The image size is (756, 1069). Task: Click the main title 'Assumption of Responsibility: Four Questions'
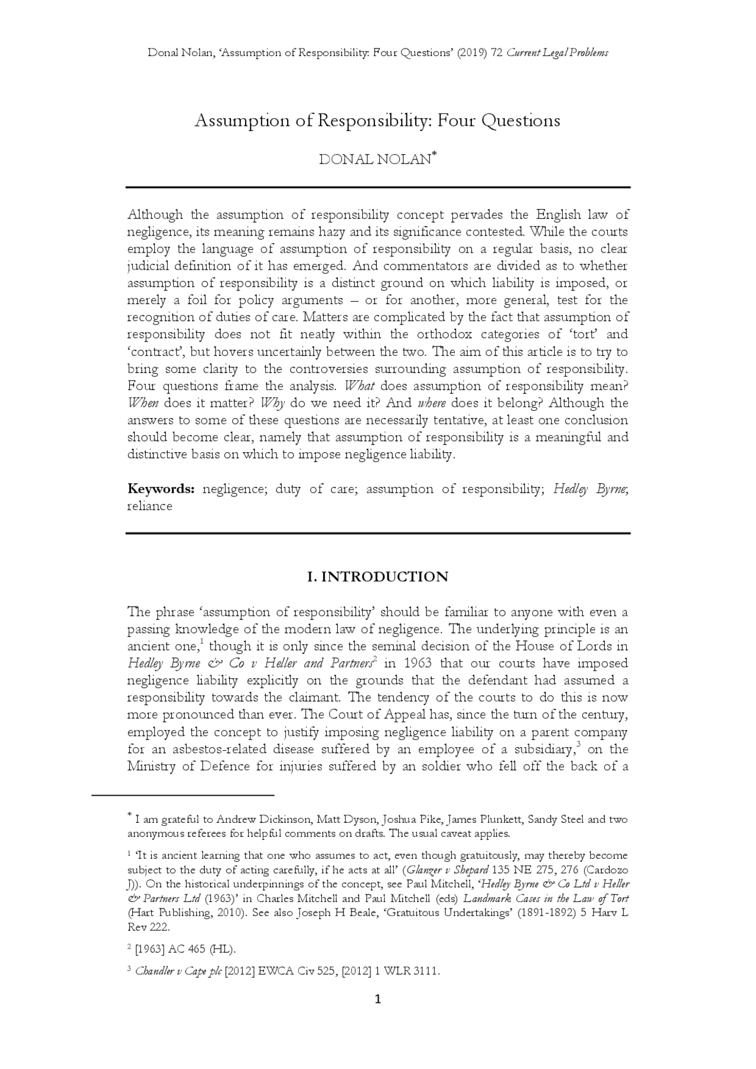[377, 121]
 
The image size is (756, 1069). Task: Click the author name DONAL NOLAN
[374, 160]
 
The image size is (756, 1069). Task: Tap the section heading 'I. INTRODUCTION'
[377, 577]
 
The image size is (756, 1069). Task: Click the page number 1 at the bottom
[378, 999]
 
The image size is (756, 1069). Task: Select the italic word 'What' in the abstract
[359, 386]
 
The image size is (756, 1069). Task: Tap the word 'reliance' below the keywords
[149, 506]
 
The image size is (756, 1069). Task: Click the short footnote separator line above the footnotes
[183, 795]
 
